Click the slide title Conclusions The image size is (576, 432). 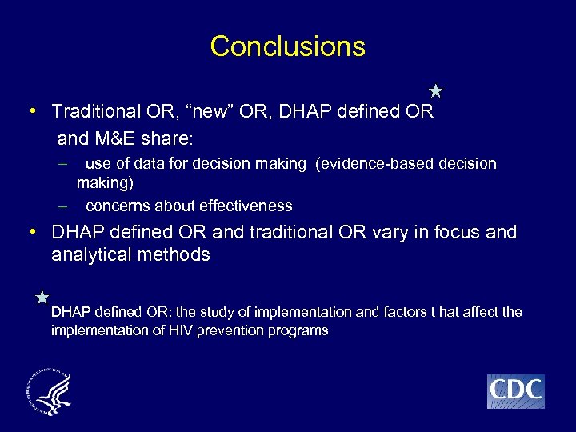pos(287,46)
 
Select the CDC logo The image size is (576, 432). pos(515,391)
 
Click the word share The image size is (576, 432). pos(170,138)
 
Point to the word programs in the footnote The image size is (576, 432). pos(301,330)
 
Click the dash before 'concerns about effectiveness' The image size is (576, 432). pos(62,206)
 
